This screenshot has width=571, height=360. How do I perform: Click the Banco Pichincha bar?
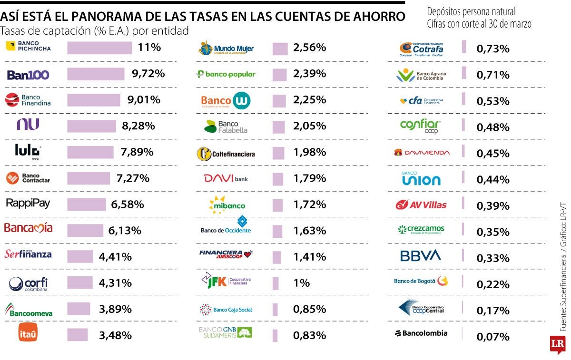99,48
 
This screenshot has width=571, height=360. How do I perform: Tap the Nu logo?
28,125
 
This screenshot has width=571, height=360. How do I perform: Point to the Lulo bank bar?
90,152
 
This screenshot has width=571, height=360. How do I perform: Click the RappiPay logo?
28,203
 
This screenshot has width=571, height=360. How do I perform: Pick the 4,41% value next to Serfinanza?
115,257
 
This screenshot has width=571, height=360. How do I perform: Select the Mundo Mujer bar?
280,48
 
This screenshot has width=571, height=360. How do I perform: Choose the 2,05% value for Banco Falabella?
310,126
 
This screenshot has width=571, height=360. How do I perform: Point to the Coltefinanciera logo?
226,154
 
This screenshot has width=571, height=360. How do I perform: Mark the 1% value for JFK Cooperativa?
302,283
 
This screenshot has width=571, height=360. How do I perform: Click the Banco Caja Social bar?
275,310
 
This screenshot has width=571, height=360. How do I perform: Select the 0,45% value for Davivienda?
492,154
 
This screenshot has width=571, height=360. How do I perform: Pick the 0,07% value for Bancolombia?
493,337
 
